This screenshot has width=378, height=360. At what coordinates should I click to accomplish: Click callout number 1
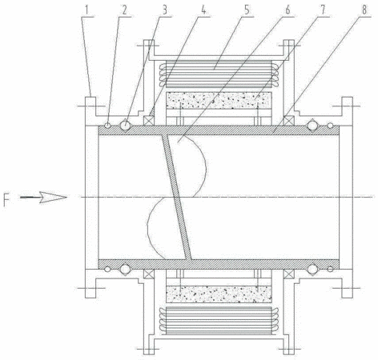coord(86,10)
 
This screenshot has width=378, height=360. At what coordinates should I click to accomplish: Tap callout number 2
coord(124,10)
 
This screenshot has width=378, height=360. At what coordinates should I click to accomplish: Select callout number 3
coord(164,10)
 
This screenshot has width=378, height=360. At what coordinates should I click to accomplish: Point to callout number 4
coord(203,10)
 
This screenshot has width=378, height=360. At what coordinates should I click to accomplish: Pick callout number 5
coord(247,10)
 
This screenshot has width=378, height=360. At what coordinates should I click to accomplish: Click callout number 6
coord(288,10)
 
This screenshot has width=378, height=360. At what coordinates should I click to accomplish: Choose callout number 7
coord(324,10)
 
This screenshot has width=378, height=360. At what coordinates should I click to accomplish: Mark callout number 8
coord(364,10)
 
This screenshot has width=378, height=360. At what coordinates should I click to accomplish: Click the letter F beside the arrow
coord(6,200)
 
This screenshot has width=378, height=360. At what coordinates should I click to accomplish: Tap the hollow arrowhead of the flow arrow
coord(53,198)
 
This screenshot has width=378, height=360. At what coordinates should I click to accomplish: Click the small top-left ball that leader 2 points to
coord(107,125)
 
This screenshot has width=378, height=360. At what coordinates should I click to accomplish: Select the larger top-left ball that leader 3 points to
coord(125,125)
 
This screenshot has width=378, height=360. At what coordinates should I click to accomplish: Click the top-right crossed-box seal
coord(288,121)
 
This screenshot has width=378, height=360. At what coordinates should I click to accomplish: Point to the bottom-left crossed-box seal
coord(148,274)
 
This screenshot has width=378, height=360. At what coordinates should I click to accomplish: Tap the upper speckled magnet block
coord(219,100)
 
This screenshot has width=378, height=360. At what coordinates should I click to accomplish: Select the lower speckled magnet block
coord(219,294)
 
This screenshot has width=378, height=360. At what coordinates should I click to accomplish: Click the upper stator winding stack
coord(219,74)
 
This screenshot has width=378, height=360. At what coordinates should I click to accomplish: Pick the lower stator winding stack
coord(219,321)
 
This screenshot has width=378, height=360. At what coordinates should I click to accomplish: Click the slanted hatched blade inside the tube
coord(177,197)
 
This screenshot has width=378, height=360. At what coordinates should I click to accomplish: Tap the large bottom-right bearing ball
coord(312,269)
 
